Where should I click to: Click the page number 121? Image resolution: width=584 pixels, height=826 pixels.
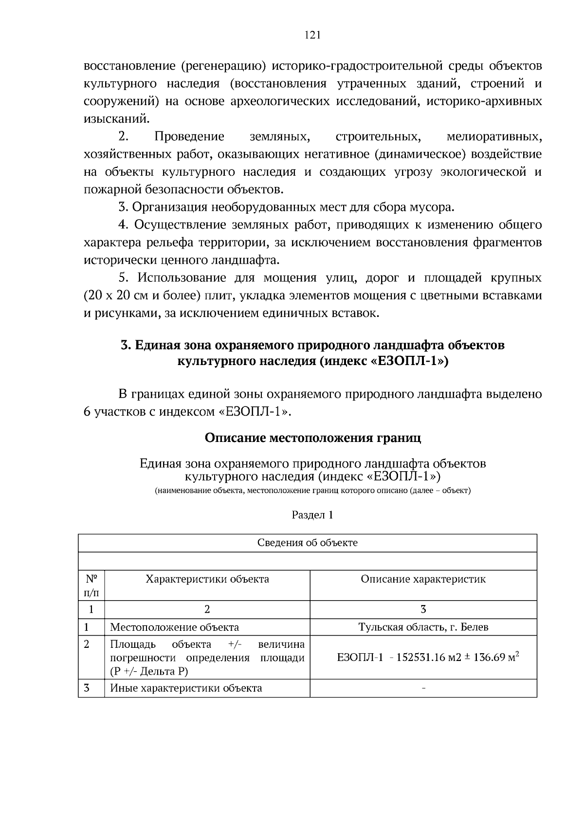coord(312,35)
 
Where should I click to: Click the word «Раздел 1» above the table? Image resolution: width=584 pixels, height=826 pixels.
coord(312,515)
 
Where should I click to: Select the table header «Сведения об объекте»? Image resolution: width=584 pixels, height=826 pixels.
coord(307,543)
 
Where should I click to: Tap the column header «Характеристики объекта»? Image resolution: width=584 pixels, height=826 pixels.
coord(207,579)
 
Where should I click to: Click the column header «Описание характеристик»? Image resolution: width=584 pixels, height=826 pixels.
coord(423,579)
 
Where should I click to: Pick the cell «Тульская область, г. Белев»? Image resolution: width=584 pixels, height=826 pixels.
coord(423,627)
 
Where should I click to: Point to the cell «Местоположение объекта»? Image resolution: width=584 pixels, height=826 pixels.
coord(174,627)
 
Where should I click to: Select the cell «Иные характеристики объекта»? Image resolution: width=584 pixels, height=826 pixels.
coord(186,688)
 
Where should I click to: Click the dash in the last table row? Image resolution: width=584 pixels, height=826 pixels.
coord(423,688)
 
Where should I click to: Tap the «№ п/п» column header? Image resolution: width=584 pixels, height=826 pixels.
coord(91,586)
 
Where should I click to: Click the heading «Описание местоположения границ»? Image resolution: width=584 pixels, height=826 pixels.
coord(312,438)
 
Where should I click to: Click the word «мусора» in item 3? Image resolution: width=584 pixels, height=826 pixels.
coord(433,207)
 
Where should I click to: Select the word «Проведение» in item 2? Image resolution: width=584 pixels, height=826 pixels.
coord(189,137)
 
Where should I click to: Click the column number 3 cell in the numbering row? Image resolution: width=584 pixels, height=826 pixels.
coord(423,609)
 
